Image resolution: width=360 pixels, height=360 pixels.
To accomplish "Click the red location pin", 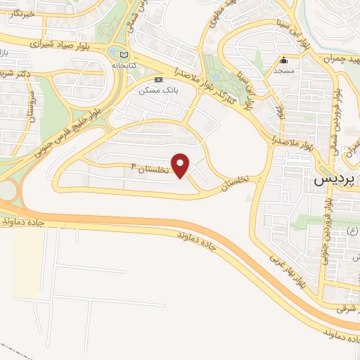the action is coord(181,165).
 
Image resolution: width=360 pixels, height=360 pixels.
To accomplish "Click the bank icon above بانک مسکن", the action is coord(159,79).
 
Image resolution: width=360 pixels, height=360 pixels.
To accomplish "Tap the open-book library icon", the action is coord(124,54).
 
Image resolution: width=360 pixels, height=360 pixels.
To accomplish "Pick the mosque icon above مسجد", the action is coord(284,60).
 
